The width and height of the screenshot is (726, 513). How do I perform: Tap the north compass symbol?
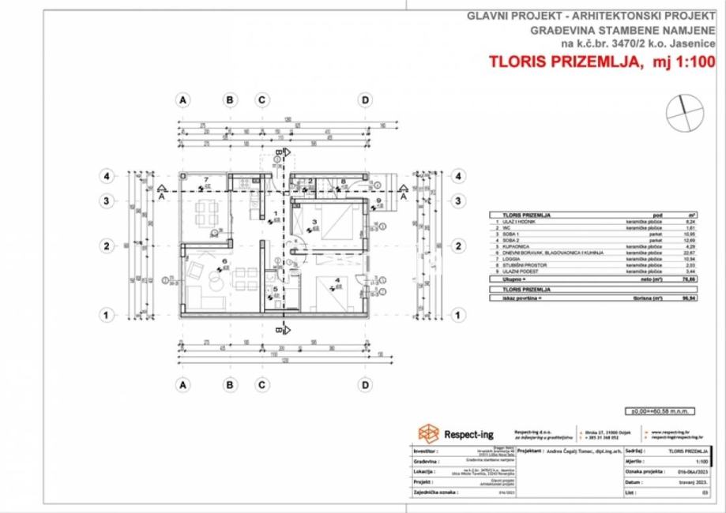[683, 109]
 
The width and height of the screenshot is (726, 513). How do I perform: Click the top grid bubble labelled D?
[365, 100]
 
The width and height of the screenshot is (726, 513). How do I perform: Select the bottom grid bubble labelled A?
[183, 385]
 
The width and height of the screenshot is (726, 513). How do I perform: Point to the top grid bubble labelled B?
[230, 100]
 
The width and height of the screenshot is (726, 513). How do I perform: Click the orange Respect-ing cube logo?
[429, 432]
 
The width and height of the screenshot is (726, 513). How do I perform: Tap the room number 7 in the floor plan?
[205, 180]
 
